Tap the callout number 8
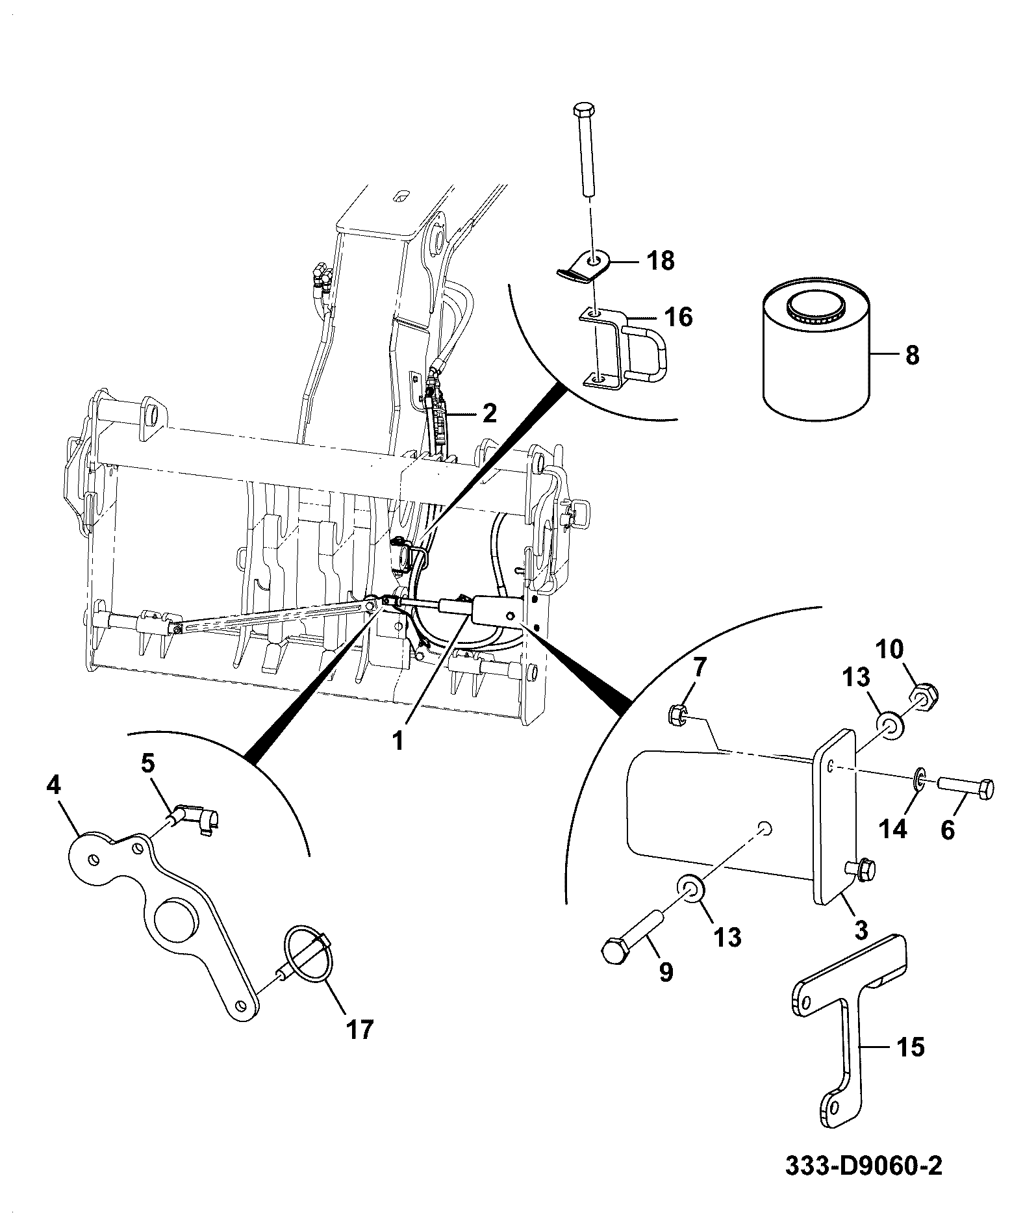point(912,355)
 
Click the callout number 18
point(661,261)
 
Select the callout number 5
point(148,763)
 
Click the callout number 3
point(861,930)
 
